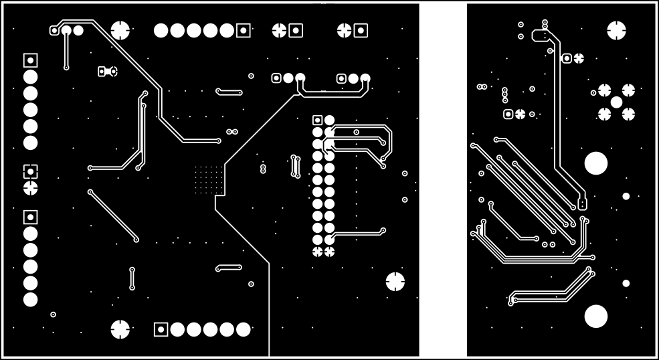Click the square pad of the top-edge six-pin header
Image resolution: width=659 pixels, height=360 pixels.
pyautogui.click(x=244, y=30)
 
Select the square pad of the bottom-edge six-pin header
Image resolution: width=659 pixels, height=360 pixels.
pyautogui.click(x=161, y=329)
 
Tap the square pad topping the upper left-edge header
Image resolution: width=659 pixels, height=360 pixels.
pyautogui.click(x=30, y=60)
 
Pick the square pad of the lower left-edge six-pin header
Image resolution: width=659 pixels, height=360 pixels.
pyautogui.click(x=30, y=217)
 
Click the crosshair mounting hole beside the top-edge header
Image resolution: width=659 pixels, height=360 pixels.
pyautogui.click(x=120, y=30)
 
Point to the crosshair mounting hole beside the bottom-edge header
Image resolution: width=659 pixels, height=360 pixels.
pyautogui.click(x=120, y=329)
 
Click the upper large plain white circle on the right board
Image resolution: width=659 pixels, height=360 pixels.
pyautogui.click(x=595, y=163)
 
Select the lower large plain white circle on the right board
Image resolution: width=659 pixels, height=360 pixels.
pyautogui.click(x=595, y=316)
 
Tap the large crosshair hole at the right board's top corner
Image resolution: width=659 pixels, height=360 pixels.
pyautogui.click(x=616, y=30)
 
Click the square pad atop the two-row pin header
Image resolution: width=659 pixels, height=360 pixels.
pyautogui.click(x=318, y=120)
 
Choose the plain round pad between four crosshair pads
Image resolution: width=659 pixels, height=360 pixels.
pyautogui.click(x=616, y=102)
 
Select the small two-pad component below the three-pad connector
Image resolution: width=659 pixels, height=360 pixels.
pyautogui.click(x=107, y=71)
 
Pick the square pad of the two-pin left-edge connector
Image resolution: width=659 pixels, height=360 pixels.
pyautogui.click(x=30, y=171)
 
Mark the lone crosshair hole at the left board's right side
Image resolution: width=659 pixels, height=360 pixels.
pyautogui.click(x=395, y=281)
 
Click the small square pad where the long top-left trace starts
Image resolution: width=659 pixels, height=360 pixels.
pyautogui.click(x=54, y=30)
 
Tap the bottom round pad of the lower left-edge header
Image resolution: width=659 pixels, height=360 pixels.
pyautogui.click(x=30, y=300)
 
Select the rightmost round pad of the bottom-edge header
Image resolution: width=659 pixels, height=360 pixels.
pyautogui.click(x=244, y=329)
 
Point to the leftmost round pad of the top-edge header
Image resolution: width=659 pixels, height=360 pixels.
pyautogui.click(x=161, y=30)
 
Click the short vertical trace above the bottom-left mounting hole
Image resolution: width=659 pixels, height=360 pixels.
pyautogui.click(x=132, y=278)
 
